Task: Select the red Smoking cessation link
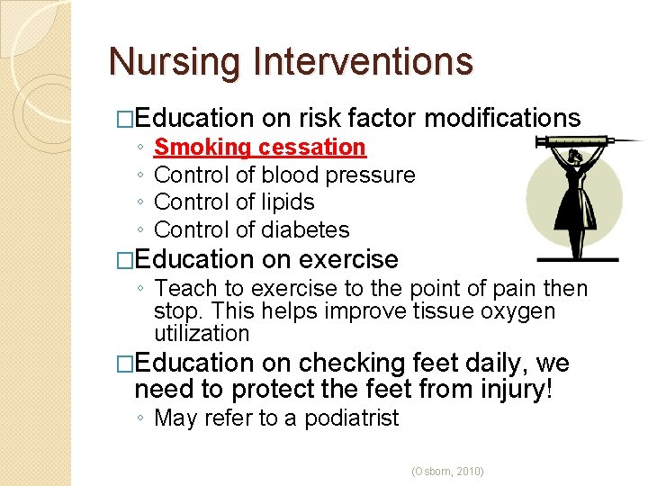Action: click(260, 147)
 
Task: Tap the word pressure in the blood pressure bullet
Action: click(373, 175)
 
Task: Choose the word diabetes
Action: click(305, 230)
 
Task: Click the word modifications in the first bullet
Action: click(502, 118)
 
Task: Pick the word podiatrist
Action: click(352, 418)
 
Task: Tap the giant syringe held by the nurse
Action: click(585, 142)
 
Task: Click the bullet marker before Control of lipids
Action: click(142, 202)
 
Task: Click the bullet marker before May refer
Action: click(142, 418)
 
